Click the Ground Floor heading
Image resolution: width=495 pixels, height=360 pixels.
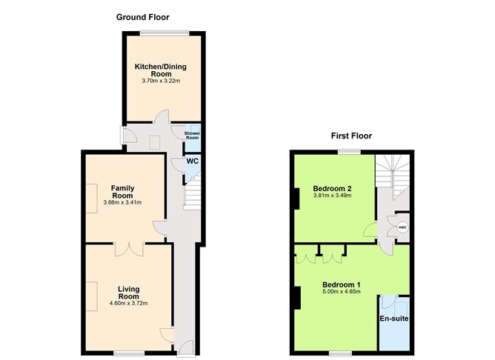click(x=142, y=16)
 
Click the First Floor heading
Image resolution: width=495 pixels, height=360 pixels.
click(x=351, y=136)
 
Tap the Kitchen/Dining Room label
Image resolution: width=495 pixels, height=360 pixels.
click(x=161, y=70)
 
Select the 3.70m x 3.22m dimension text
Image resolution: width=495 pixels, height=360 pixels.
click(x=161, y=81)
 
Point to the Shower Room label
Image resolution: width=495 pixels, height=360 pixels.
click(x=192, y=136)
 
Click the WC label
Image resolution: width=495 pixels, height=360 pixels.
click(x=192, y=161)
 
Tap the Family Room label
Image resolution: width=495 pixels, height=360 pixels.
click(x=122, y=191)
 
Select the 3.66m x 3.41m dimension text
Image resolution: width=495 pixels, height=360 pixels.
click(x=122, y=202)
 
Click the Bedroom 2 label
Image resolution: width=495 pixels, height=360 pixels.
click(x=332, y=188)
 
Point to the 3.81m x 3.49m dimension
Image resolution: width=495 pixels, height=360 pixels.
click(x=332, y=196)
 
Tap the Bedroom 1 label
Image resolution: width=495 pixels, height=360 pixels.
click(x=341, y=284)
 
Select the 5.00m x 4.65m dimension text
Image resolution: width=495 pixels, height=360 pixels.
click(x=341, y=293)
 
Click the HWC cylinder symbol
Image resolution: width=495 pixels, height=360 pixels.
click(x=402, y=227)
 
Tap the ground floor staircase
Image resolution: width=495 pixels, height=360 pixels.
click(x=192, y=197)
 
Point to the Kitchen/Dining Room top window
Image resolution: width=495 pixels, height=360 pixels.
click(x=165, y=32)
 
